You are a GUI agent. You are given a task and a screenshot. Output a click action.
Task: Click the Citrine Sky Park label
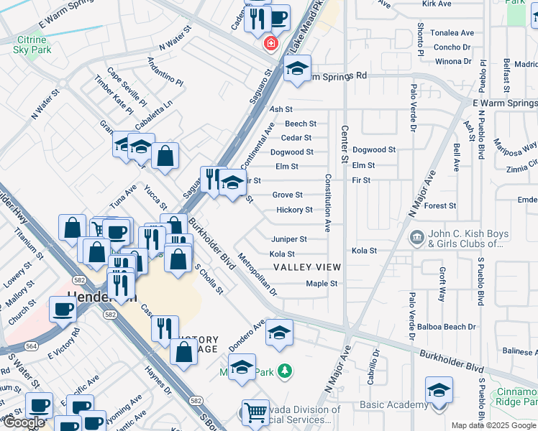pos(32,45)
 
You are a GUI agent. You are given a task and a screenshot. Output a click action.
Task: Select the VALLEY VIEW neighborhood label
pos(307,267)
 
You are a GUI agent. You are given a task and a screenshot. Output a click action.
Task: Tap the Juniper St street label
pos(289,239)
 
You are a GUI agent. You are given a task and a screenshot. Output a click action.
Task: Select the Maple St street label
pos(322,284)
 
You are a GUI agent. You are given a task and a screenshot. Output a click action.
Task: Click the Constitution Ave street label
pos(328,203)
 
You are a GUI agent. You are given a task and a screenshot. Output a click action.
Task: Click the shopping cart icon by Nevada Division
pos(255,412)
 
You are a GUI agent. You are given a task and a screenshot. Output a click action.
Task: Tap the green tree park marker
pos(286,371)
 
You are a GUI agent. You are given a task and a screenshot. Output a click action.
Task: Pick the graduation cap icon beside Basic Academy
pos(438,389)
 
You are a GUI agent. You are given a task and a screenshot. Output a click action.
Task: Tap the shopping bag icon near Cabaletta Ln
pos(165,155)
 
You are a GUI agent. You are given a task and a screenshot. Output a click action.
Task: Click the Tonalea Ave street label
pos(453,33)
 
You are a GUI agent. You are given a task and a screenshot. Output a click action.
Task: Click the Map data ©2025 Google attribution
pos(493,425)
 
